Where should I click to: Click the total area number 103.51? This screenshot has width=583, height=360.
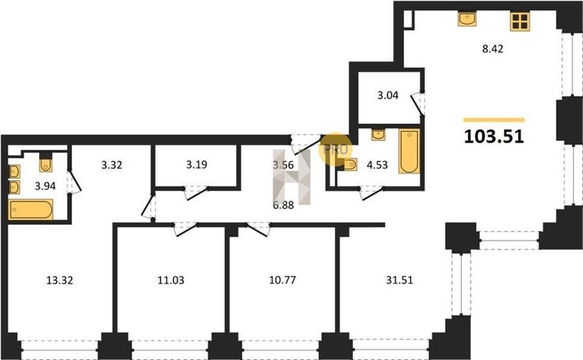494,137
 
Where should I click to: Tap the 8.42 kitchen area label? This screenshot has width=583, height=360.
493,49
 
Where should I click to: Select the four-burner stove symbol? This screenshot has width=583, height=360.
520,21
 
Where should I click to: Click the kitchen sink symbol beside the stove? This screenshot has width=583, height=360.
467,19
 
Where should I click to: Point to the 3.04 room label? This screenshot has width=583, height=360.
388,95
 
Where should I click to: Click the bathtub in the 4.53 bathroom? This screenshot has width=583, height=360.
409,151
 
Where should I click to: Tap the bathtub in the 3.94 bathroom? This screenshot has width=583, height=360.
30,210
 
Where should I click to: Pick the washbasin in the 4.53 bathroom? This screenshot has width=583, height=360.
378,135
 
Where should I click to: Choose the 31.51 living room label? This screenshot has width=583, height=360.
399,280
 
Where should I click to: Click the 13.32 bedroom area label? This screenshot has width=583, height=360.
60,280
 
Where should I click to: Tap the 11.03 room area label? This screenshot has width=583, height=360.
170,280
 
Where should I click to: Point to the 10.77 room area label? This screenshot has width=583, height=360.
282,280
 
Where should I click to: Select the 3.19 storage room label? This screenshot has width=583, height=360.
197,164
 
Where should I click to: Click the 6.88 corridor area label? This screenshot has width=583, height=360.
283,205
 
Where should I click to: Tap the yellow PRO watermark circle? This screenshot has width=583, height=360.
336,149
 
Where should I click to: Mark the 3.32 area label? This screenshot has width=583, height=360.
111,165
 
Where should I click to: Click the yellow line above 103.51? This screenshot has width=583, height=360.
494,120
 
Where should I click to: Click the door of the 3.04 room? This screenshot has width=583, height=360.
417,105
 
